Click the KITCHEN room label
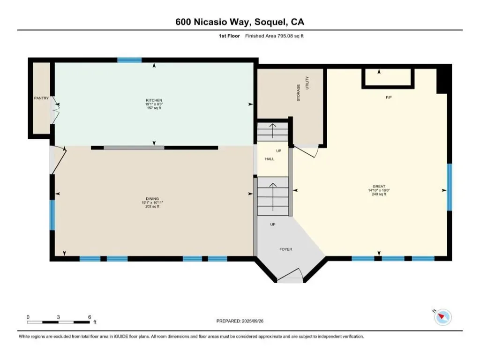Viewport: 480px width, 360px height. pos(154,100)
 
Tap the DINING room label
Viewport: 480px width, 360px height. pos(152,199)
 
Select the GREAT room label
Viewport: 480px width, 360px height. pos(379,186)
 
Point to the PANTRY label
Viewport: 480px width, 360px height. pos(41,98)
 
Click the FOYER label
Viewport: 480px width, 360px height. pos(285,249)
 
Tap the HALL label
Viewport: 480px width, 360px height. pos(270,159)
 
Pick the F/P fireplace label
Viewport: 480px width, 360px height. pos(389,97)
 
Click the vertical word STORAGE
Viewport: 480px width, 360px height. pos(299,93)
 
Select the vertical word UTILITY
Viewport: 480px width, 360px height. pos(307,82)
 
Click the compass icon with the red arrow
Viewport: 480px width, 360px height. pos(442,317)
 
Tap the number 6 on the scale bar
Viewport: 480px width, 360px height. pos(90,317)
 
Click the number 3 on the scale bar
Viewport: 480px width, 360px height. pos(58,317)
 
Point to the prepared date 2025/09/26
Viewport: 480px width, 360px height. pos(253,321)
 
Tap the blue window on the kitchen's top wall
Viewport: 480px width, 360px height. pos(129,60)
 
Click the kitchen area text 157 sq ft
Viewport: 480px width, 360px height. pos(154,108)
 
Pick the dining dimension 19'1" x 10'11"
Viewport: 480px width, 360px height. pos(152,202)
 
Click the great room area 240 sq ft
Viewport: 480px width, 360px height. pos(379,194)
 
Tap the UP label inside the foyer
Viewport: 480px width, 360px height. pos(273,225)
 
